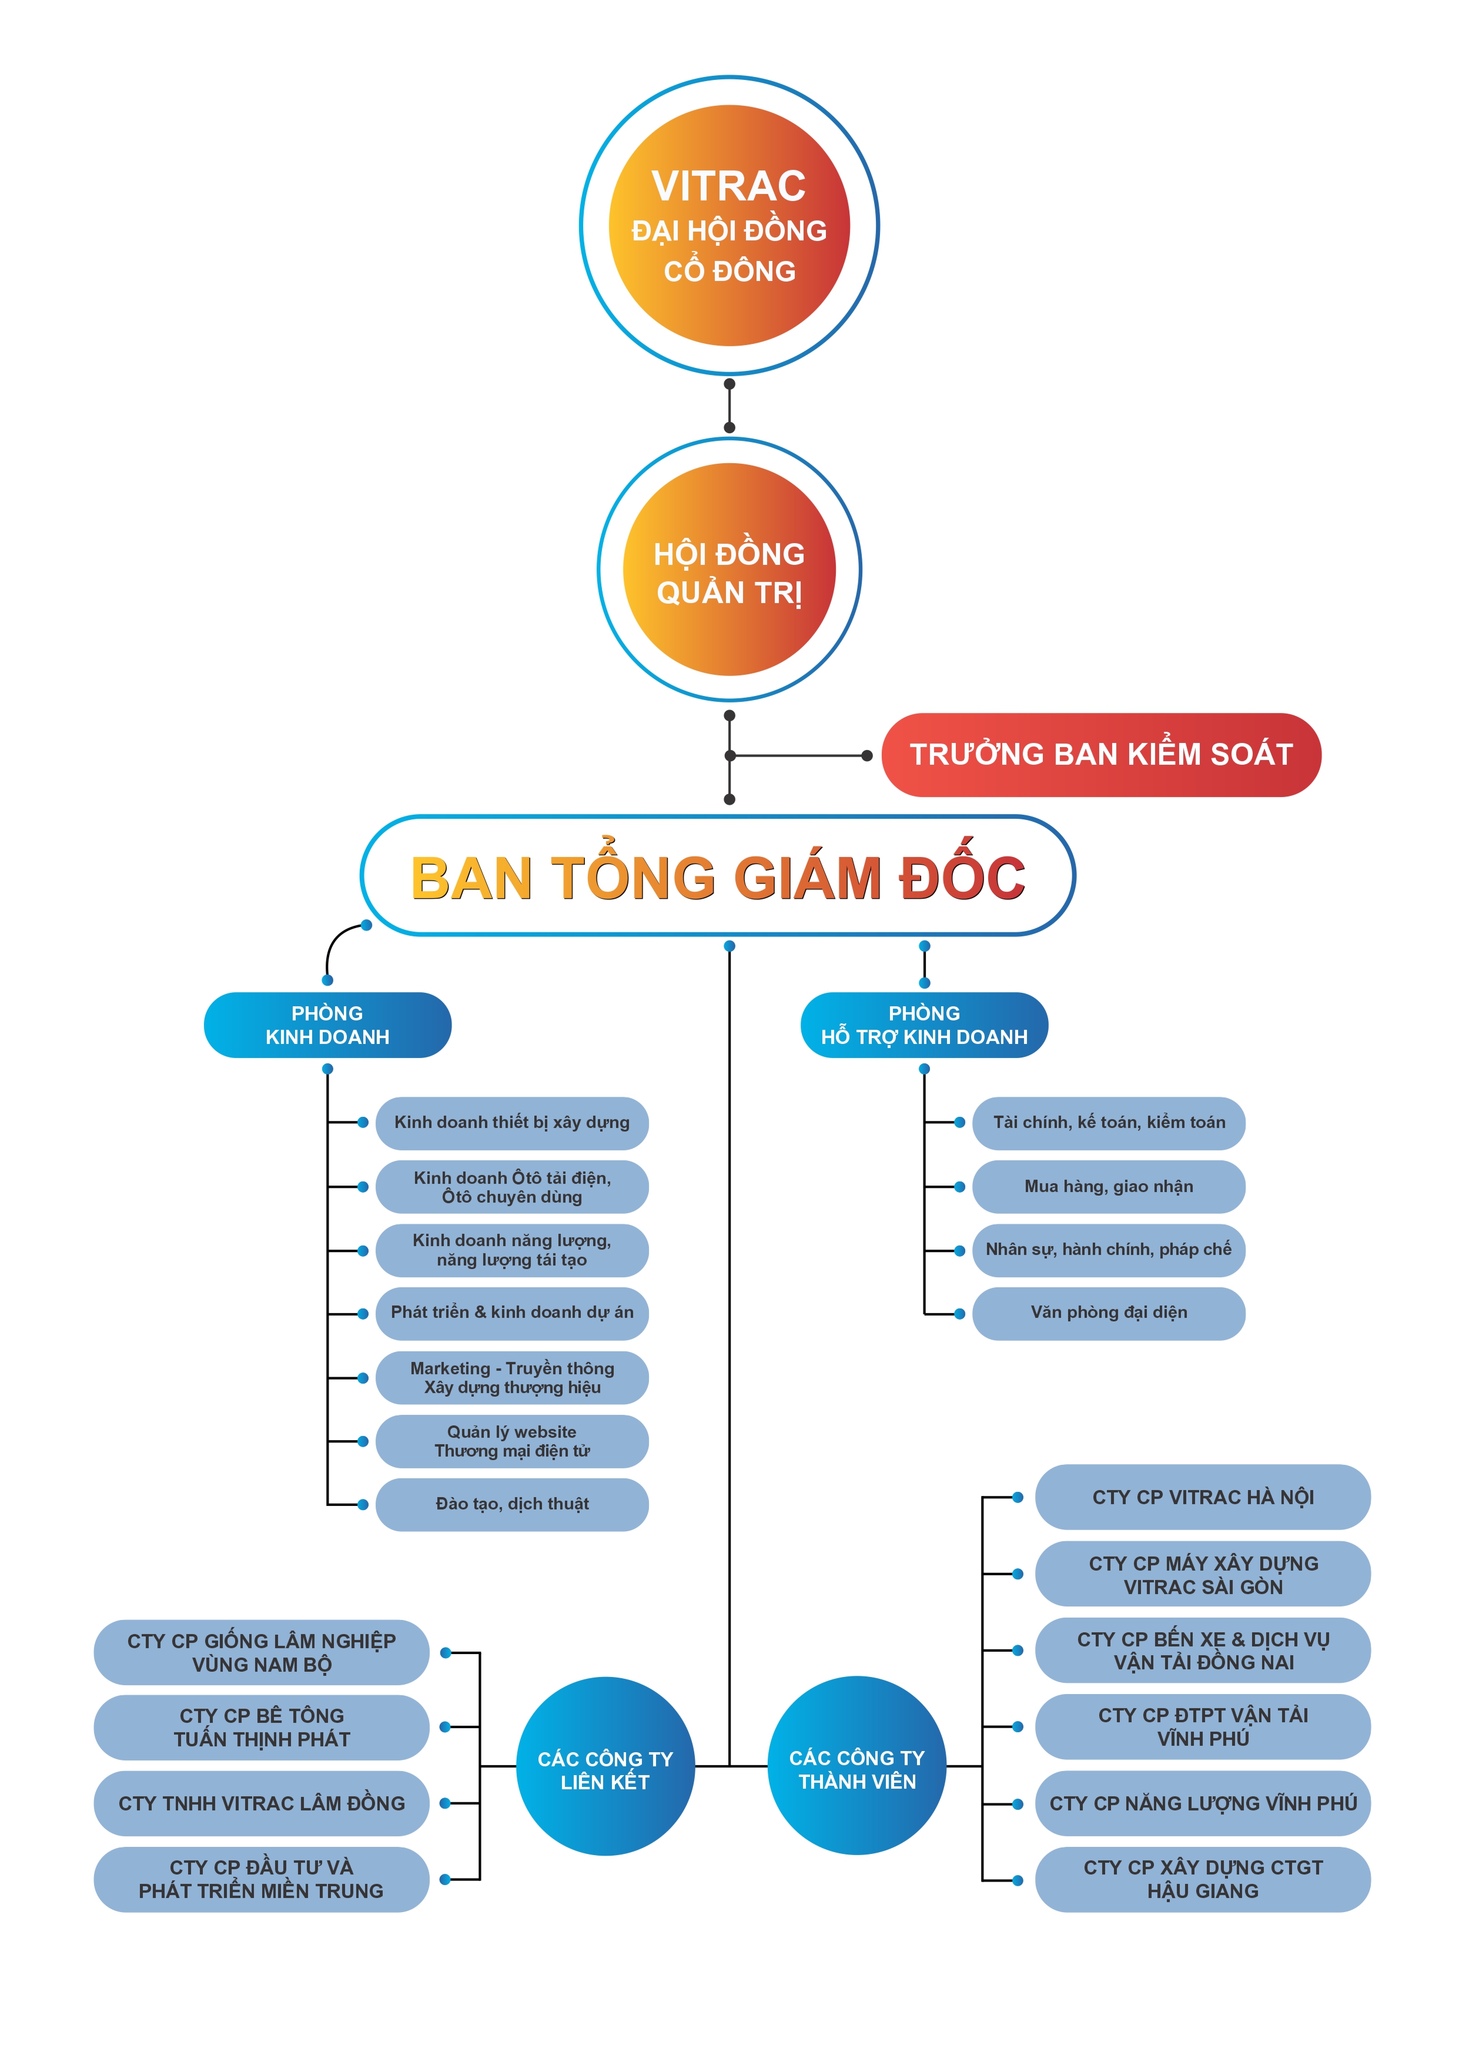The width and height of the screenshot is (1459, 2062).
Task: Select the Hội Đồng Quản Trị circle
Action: [728, 570]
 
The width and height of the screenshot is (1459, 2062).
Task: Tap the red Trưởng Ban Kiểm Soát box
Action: [1100, 754]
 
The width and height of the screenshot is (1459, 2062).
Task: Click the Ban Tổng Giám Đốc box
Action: [717, 876]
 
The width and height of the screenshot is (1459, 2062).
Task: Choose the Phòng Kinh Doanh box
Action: [327, 1025]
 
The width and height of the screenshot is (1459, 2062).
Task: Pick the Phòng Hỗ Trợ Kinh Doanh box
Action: [923, 1025]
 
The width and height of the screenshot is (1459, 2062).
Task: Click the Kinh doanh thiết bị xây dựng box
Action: [511, 1123]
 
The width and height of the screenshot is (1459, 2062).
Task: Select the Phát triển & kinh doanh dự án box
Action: [511, 1313]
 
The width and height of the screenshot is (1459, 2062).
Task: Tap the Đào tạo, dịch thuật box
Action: [511, 1504]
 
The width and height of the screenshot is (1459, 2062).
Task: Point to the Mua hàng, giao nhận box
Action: [1109, 1186]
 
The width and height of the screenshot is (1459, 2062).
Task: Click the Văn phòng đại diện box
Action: [1109, 1313]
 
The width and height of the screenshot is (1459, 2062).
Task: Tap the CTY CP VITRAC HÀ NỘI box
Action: [1202, 1497]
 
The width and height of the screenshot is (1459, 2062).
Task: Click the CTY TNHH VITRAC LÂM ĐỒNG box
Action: [262, 1803]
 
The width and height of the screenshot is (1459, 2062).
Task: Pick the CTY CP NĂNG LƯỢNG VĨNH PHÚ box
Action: [1202, 1803]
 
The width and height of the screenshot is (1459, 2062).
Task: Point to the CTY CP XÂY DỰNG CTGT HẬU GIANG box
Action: [1202, 1879]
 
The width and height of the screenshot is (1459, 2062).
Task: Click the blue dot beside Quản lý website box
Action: [363, 1441]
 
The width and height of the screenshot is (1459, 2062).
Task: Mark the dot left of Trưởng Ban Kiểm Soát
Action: [867, 755]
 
